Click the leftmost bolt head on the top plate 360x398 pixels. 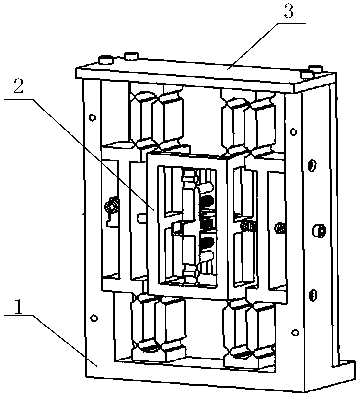pyautogui.click(x=106, y=60)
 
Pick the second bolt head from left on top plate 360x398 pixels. pyautogui.click(x=131, y=56)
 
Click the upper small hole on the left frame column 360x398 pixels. pyautogui.click(x=93, y=116)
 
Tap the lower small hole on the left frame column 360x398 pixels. pyautogui.click(x=94, y=317)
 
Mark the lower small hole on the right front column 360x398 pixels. pyautogui.click(x=295, y=332)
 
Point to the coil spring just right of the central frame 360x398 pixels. pyautogui.click(x=249, y=225)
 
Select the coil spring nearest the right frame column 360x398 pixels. pyautogui.click(x=280, y=228)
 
